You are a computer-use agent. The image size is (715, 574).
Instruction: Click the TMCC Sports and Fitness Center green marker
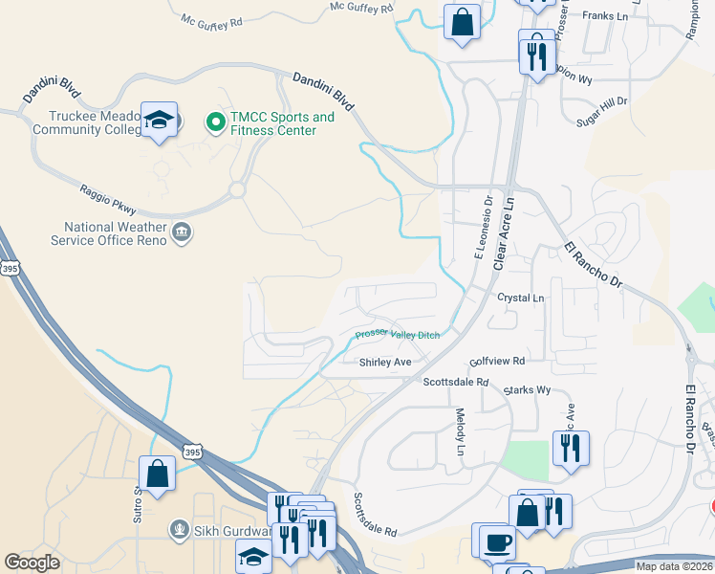tap(215, 122)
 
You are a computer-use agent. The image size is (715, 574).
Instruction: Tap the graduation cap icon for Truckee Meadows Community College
tap(159, 121)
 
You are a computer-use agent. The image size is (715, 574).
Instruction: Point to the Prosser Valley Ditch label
tap(398, 334)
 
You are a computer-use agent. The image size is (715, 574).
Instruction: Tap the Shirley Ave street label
tap(384, 363)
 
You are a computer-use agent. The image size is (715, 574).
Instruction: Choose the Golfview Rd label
tap(497, 362)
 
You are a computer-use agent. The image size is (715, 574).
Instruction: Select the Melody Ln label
tap(461, 430)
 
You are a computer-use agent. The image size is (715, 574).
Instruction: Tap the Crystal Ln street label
tap(520, 298)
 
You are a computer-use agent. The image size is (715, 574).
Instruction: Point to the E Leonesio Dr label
tap(483, 229)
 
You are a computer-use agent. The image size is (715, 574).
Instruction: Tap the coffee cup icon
tap(496, 541)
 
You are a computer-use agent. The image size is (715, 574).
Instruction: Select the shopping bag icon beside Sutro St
tap(157, 474)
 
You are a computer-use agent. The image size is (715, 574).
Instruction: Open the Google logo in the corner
tap(32, 563)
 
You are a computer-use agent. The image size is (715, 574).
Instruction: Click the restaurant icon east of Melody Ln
tap(571, 448)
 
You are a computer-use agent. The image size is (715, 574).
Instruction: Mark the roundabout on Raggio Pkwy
tap(236, 189)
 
